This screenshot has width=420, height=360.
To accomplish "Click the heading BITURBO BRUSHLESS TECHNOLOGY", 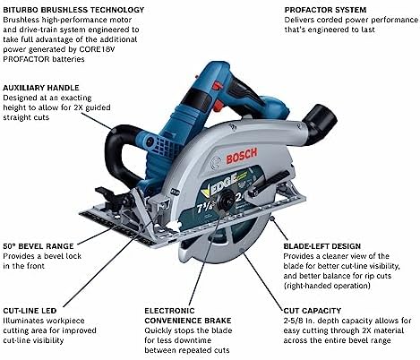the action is point(73,10).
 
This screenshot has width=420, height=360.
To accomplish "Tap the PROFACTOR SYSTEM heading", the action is point(325,10).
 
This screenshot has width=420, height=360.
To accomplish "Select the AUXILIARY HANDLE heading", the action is point(41,88).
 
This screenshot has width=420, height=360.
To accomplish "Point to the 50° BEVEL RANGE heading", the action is point(39,246).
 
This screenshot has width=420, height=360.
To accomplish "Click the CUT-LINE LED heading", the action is point(30,311).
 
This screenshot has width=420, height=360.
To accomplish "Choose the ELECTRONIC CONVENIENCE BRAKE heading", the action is point(188,315).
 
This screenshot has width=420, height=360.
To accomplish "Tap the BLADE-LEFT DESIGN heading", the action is point(322,246).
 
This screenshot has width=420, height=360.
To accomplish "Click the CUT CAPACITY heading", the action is point(313,311).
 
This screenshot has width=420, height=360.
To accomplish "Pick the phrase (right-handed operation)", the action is point(327,286).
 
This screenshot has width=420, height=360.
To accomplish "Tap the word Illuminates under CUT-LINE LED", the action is point(23,321).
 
